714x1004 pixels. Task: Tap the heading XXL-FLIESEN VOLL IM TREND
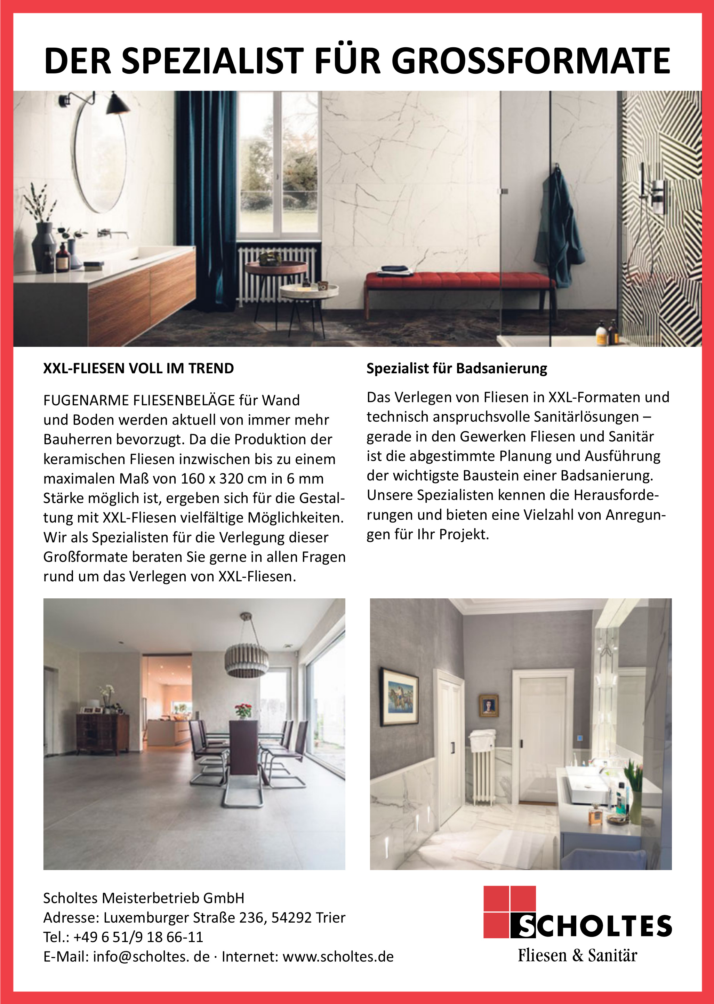point(138,368)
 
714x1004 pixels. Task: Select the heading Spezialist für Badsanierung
point(457,368)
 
